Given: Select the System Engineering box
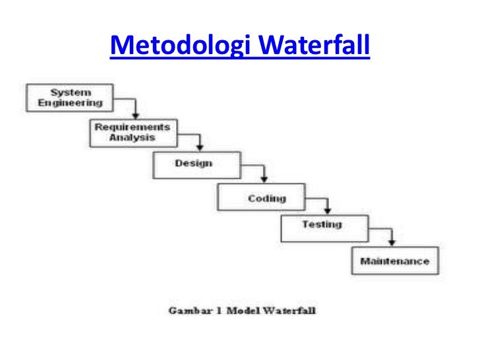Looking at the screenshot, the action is pos(69,98).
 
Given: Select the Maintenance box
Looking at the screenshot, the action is pos(394,261).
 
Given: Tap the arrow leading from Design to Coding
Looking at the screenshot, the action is pos(263,173).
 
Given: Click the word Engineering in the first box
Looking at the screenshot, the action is pos(70,104).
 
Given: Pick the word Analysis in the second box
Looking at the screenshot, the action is pos(133,137).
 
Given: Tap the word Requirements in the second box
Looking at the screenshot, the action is pos(133,127).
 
